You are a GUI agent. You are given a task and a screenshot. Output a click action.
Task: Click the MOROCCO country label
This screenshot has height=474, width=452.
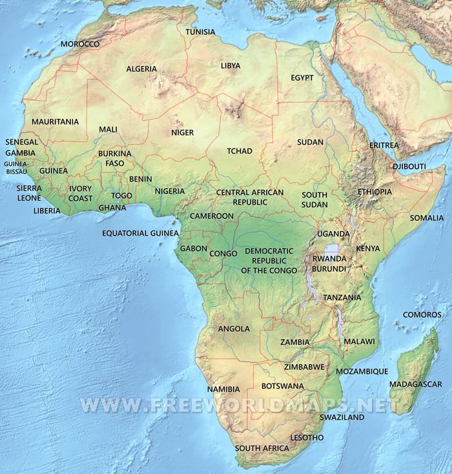pyautogui.click(x=80, y=44)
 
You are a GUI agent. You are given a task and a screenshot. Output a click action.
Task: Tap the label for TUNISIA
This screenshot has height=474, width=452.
pyautogui.click(x=201, y=32)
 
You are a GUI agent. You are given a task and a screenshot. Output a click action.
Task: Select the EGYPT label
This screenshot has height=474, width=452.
pyautogui.click(x=302, y=77)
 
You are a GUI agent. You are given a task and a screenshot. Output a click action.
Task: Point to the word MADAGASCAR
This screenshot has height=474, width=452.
pyautogui.click(x=415, y=384)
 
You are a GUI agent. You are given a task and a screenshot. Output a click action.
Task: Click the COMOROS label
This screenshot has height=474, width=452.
pyautogui.click(x=422, y=314)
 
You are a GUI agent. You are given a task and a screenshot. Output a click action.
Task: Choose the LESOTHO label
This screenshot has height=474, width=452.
pyautogui.click(x=307, y=437)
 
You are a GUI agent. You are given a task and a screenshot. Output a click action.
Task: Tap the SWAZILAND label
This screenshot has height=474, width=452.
pyautogui.click(x=342, y=417)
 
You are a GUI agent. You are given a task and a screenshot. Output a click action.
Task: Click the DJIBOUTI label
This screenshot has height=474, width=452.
pyautogui.click(x=409, y=166)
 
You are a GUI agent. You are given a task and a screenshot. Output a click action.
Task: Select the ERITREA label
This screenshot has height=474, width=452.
pyautogui.click(x=384, y=145)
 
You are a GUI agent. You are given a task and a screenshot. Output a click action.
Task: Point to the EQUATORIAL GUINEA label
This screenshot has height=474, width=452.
pyautogui.click(x=140, y=232)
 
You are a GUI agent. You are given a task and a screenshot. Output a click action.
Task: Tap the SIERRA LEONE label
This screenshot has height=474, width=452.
pyautogui.click(x=29, y=192)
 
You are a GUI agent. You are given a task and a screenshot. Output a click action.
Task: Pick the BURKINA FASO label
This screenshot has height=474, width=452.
pyautogui.click(x=114, y=158)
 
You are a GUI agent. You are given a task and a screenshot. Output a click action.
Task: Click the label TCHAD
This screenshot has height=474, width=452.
pyautogui.click(x=240, y=151)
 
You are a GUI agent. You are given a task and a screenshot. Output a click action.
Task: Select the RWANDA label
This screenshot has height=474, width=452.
pyautogui.click(x=329, y=258)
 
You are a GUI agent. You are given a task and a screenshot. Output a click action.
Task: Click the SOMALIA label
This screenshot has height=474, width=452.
pyautogui.click(x=427, y=218)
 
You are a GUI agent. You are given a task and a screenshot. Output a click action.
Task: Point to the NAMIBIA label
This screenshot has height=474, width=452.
pyautogui.click(x=223, y=389)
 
